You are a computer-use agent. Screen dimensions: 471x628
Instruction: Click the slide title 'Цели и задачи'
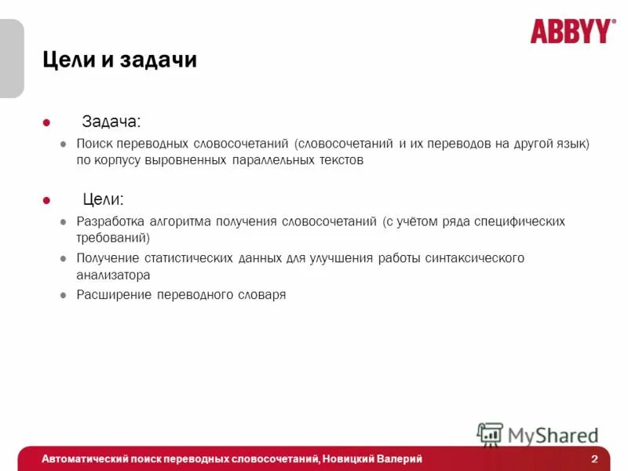119,60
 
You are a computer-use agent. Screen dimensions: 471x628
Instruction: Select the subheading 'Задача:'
112,122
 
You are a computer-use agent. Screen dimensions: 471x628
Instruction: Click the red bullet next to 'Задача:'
46,122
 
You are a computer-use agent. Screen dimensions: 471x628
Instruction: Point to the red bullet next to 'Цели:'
46,200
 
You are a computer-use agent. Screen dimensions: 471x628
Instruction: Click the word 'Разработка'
111,221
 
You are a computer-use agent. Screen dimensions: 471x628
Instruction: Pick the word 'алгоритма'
180,221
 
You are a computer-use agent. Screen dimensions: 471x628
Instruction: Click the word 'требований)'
113,237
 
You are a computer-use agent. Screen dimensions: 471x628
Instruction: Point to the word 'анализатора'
113,275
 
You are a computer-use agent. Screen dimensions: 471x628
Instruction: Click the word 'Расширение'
113,295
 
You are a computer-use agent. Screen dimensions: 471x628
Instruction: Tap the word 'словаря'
262,295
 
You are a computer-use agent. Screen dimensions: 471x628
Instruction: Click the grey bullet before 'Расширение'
64,295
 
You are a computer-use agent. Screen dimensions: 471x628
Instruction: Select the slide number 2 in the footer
594,458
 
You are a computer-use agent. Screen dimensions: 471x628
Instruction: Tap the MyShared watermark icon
490,435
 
